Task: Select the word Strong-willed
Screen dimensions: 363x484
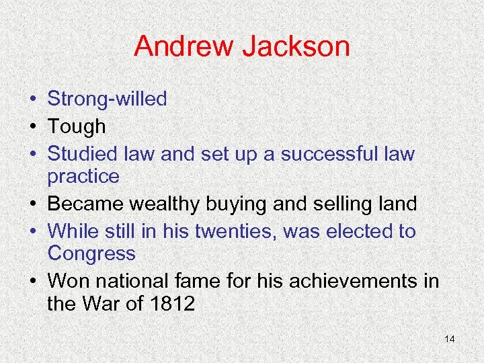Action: tap(107, 99)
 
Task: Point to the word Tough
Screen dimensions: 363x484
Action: tap(77, 126)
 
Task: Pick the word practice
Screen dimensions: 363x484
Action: tap(83, 177)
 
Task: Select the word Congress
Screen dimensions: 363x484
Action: tap(91, 254)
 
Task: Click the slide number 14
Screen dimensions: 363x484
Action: tap(450, 339)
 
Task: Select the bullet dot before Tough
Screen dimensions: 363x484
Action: tap(33, 127)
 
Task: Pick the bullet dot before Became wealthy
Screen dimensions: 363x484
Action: tap(33, 204)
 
